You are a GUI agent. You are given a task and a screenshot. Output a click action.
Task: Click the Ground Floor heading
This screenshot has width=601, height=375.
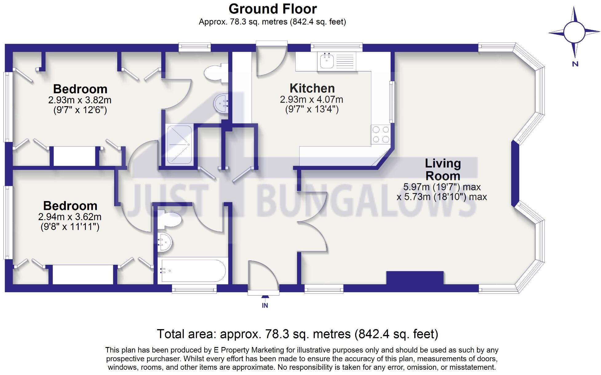(273, 9)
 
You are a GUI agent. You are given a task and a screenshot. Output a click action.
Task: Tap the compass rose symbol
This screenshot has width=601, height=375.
(574, 32)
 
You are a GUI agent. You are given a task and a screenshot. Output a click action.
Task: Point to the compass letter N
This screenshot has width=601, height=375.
(575, 64)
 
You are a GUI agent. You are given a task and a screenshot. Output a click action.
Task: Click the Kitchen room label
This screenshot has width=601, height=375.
(312, 88)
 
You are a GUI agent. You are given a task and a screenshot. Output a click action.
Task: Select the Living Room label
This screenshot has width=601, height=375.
(443, 170)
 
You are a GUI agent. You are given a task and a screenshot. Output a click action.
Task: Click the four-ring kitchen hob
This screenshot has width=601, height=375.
(381, 134)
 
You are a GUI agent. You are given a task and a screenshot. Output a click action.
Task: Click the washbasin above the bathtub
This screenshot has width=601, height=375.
(165, 242)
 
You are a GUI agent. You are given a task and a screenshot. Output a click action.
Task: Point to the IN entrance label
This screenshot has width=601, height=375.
(265, 305)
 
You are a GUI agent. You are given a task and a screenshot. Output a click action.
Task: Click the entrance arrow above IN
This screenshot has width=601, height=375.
(265, 297)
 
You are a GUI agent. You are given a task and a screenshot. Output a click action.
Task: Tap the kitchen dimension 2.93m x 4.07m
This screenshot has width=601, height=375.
(312, 99)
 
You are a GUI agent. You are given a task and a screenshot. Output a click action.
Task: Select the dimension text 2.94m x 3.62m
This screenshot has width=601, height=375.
(70, 217)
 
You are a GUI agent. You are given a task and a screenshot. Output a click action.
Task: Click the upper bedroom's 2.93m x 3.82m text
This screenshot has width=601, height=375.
(80, 100)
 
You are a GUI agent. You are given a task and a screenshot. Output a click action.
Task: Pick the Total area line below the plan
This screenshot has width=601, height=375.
(297, 334)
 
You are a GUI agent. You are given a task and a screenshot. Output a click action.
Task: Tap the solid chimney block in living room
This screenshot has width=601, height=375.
(415, 278)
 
